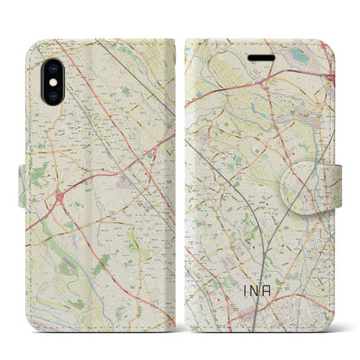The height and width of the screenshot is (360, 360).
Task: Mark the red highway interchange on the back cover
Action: (61, 196)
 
